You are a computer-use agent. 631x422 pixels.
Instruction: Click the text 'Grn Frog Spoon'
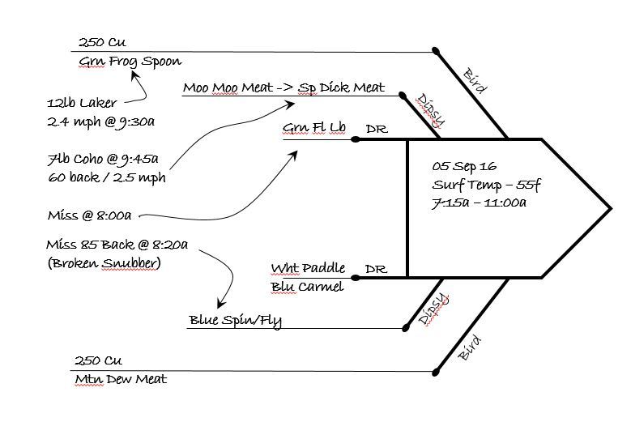coord(130,62)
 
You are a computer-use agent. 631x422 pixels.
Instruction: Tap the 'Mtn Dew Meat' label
coord(121,378)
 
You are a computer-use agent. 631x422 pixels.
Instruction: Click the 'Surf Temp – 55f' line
coord(486,185)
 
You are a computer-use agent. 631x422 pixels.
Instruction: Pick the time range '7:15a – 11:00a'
coord(480,202)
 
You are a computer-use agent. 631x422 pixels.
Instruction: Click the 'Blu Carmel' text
coord(309,286)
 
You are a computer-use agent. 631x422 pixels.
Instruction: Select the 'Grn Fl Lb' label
coord(315,130)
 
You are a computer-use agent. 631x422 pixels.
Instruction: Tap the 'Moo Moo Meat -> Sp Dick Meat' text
coord(284,87)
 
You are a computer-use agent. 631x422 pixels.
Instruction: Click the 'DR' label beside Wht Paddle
coord(376,269)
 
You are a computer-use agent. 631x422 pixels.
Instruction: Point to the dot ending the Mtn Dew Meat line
coord(436,373)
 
